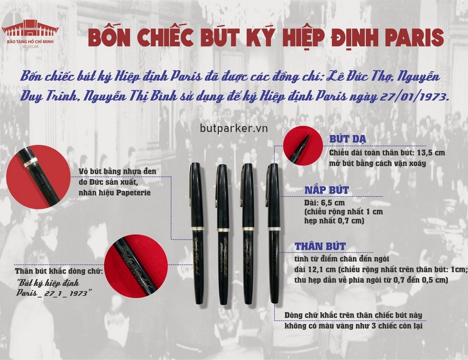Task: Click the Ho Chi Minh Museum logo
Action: click(x=30, y=34)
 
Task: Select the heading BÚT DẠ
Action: click(x=348, y=140)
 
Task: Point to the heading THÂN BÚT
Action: click(x=320, y=246)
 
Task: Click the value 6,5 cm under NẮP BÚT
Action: click(x=324, y=202)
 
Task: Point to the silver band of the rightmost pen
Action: click(x=274, y=228)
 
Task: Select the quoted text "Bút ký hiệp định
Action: click(x=48, y=283)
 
